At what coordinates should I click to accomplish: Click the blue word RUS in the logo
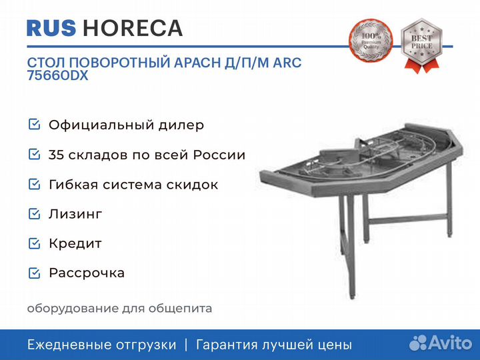click(x=51, y=28)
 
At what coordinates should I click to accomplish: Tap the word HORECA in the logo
click(x=133, y=28)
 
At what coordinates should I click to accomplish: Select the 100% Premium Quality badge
click(x=371, y=41)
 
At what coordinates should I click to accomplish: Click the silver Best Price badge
click(x=421, y=45)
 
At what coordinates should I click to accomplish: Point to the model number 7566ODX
click(x=57, y=75)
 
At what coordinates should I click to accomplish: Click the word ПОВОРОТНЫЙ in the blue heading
click(x=119, y=63)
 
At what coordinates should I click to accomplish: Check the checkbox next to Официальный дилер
click(x=34, y=125)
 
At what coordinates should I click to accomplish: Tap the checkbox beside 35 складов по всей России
click(x=34, y=154)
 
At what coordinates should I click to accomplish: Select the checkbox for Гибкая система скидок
click(x=34, y=184)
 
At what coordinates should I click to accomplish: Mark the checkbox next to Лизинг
click(x=34, y=214)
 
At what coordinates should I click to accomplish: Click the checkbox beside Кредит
click(x=34, y=243)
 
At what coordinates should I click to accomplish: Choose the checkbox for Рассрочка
click(x=34, y=273)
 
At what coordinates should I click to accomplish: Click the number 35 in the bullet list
click(x=56, y=155)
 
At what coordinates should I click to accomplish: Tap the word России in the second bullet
click(x=219, y=155)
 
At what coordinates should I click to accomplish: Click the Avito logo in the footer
click(x=441, y=343)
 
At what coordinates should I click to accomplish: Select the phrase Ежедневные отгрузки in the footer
click(x=102, y=345)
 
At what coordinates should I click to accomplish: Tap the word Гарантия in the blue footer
click(x=227, y=345)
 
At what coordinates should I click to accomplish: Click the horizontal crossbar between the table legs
click(x=409, y=219)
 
